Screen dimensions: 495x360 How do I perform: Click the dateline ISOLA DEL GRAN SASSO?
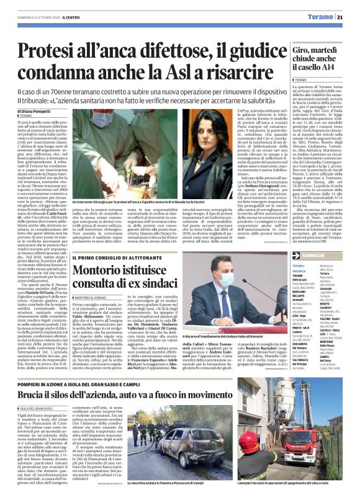click(39, 409)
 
